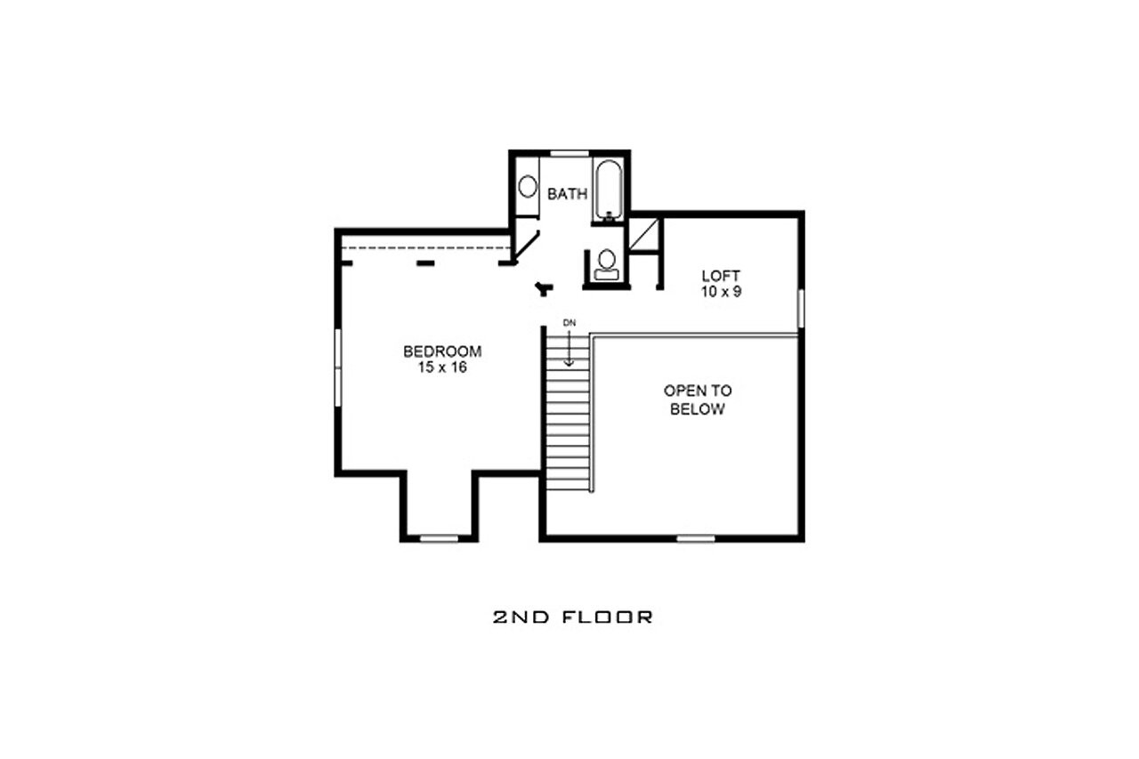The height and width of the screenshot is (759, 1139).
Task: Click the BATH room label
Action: pos(568,193)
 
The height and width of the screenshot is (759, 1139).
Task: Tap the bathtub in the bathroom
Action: pos(610,188)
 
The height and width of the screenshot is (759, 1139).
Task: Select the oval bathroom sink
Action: pos(528,187)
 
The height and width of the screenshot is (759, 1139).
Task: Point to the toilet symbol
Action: pos(608,262)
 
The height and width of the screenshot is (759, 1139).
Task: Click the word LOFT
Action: pos(721,276)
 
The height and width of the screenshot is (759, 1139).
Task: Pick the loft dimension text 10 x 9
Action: pos(721,291)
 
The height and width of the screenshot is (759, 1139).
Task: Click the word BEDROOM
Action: pos(442,351)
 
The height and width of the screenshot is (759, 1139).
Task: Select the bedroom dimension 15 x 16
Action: pos(442,367)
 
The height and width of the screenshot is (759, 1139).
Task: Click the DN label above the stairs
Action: pos(569,321)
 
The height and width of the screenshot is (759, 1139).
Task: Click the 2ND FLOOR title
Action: pos(572,616)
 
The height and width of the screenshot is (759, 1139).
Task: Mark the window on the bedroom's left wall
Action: pos(338,368)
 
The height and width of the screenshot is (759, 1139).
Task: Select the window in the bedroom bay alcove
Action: pos(439,537)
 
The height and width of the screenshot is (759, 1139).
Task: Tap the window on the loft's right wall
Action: pos(801,308)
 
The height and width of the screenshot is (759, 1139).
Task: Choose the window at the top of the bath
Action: pos(570,154)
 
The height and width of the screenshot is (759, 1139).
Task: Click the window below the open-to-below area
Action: pos(696,537)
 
